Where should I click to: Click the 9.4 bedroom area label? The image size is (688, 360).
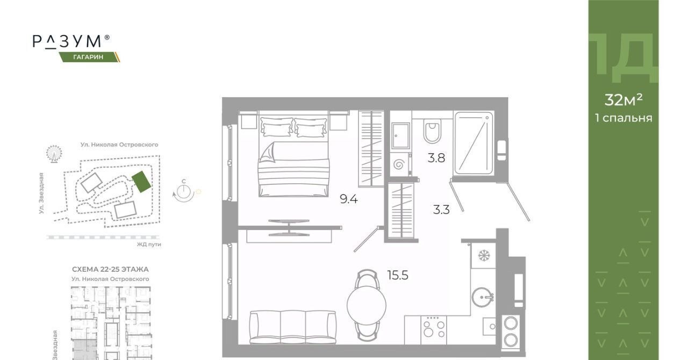coord(349,199)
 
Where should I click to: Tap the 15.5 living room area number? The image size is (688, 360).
coord(398,275)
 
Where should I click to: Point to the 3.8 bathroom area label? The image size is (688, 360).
coord(436,158)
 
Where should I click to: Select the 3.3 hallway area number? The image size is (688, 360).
coord(441,210)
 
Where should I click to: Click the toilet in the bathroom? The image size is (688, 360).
coord(432,131)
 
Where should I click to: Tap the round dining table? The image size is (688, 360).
coord(367,305)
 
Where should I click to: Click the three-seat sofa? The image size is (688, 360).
coord(293,327)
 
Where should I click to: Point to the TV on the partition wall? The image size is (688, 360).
coord(289,228)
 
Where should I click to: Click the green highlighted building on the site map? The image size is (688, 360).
coord(141,182)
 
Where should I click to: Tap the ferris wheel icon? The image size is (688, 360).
coord(54,153)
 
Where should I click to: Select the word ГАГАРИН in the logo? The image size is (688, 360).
coord(89,57)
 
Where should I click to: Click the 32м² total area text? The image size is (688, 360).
coord(623,100)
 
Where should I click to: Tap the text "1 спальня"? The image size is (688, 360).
coord(623,118)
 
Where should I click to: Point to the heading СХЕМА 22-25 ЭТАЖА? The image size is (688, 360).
coord(110,269)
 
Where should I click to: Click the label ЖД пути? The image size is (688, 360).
coord(149,244)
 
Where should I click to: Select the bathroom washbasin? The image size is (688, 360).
coord(400,135)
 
